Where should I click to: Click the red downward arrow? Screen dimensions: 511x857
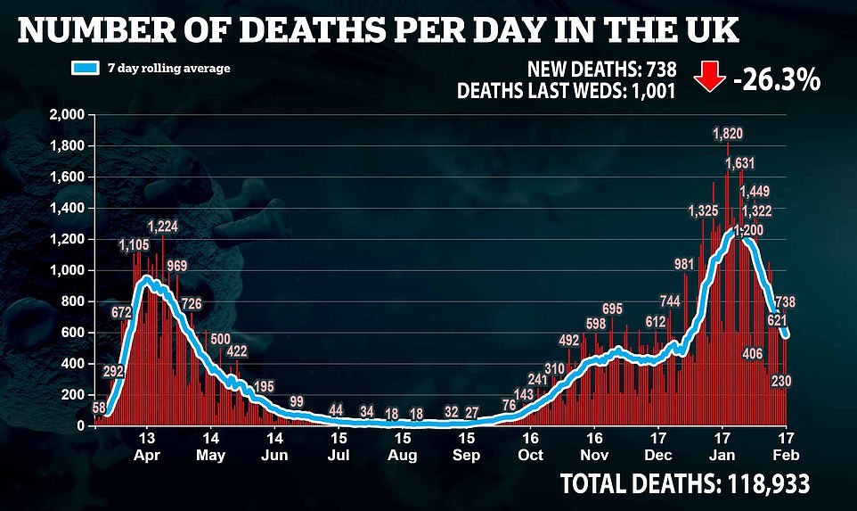710,79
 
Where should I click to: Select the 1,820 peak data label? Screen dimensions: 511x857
728,134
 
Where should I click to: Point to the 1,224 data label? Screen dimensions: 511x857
163,227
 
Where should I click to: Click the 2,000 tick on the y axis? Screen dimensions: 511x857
68,116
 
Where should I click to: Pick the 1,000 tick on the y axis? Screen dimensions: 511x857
68,271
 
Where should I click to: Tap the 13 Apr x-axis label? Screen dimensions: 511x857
148,446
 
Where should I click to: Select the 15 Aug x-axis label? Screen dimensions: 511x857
404,446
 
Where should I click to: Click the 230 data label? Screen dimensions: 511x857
781,381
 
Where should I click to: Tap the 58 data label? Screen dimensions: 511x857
99,408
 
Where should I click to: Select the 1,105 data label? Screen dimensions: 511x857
135,245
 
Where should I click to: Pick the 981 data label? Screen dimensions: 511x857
683,264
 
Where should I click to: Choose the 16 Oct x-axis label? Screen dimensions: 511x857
531,446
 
